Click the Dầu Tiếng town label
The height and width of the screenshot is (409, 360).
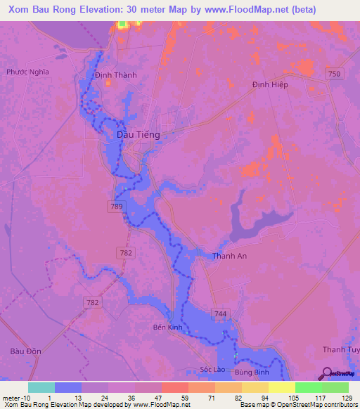point(138,134)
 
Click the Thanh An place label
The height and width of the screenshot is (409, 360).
point(229,257)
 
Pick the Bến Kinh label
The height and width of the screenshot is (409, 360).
point(168,327)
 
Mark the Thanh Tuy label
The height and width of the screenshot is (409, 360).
point(340,350)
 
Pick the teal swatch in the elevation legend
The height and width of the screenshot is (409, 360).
point(41,387)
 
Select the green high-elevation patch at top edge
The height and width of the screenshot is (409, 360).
point(122,25)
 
